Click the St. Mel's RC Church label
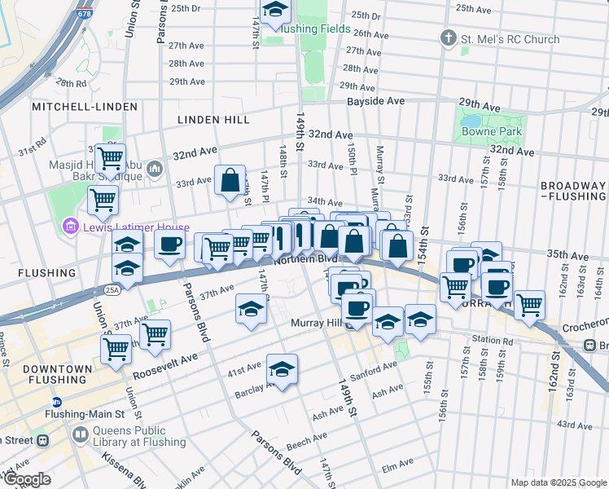(x=509, y=39)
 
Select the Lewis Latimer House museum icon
(x=70, y=227)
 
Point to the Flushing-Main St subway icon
(x=57, y=402)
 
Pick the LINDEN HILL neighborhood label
(x=214, y=120)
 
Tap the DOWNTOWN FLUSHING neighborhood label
(x=57, y=375)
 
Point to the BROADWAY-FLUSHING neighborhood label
(x=574, y=191)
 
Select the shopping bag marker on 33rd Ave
(x=230, y=180)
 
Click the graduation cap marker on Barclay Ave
(x=282, y=369)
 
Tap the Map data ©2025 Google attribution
(x=558, y=482)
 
